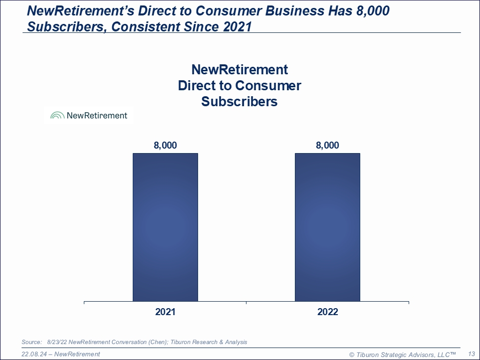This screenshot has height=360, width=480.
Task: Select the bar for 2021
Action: pos(165,227)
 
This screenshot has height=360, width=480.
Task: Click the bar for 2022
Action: pos(327,227)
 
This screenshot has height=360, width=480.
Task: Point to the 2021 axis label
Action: pos(165,312)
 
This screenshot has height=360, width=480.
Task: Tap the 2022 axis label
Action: pos(327,312)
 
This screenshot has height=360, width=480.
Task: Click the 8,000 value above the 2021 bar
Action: pos(165,146)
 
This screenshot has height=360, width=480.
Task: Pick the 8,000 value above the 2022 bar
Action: pos(327,146)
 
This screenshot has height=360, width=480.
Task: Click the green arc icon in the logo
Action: pos(57,116)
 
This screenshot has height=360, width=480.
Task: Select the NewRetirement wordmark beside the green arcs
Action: pos(97,116)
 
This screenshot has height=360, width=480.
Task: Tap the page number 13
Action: pos(471,354)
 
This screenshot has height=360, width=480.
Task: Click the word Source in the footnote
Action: pos(31,342)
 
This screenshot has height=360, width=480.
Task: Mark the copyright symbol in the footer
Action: pos(352,355)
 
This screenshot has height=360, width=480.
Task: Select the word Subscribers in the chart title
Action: pos(240,102)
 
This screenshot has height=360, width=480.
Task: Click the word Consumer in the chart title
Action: pos(268,85)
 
